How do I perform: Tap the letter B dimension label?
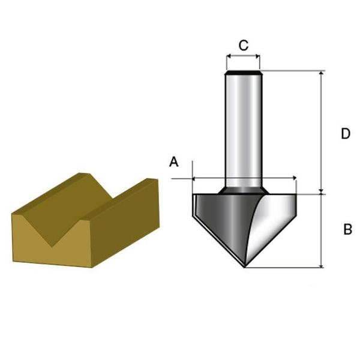click(347, 229)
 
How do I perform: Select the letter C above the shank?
click(243, 45)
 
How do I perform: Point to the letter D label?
click(345, 134)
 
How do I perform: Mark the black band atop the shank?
click(243, 73)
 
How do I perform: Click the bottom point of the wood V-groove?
click(53, 245)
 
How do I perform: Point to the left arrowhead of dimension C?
click(229, 58)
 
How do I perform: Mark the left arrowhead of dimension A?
click(195, 178)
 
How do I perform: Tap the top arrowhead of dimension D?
click(322, 73)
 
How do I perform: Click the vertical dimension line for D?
click(322, 132)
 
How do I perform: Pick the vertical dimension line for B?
click(322, 231)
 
